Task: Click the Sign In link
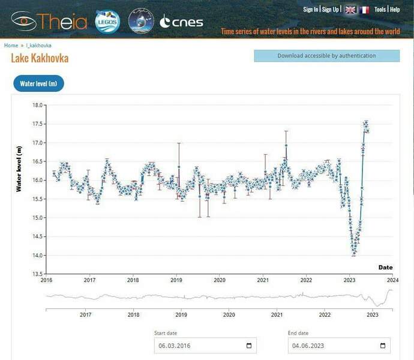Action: pyautogui.click(x=310, y=10)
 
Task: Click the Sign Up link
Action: pyautogui.click(x=331, y=10)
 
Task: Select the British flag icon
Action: pyautogui.click(x=350, y=10)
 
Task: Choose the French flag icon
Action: pyautogui.click(x=364, y=10)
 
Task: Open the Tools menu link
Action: pyautogui.click(x=380, y=10)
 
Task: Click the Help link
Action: pyautogui.click(x=394, y=10)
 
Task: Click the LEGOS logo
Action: pyautogui.click(x=108, y=22)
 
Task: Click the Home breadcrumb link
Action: pyautogui.click(x=11, y=46)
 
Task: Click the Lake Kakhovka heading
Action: pyautogui.click(x=40, y=58)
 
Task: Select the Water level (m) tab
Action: pyautogui.click(x=38, y=84)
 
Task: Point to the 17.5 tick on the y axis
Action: pyautogui.click(x=38, y=124)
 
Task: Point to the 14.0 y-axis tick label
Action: pyautogui.click(x=38, y=256)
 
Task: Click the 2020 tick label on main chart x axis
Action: pyautogui.click(x=220, y=280)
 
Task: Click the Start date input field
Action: pyautogui.click(x=198, y=346)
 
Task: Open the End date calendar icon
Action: pyautogui.click(x=383, y=346)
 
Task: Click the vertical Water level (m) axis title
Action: pyautogui.click(x=19, y=169)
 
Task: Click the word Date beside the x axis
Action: pyautogui.click(x=385, y=267)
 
